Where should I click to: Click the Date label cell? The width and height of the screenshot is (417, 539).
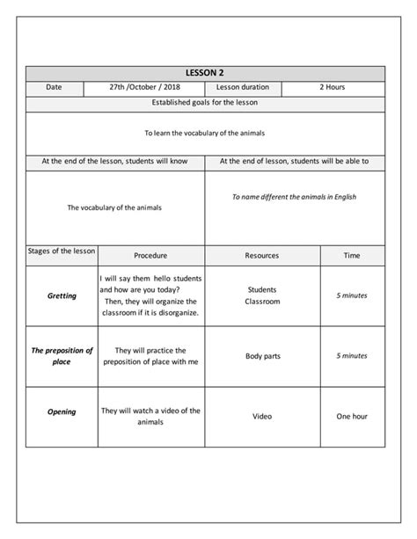(55, 88)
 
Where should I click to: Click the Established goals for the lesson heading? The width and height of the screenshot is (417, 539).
(205, 103)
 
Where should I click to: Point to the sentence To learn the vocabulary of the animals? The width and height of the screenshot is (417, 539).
(205, 133)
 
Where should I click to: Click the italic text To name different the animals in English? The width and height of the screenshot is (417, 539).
(294, 198)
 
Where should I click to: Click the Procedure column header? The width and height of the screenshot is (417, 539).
(150, 256)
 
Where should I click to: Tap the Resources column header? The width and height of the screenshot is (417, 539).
(261, 256)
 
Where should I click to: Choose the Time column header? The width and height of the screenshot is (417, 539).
(352, 256)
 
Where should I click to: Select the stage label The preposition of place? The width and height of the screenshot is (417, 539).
(62, 355)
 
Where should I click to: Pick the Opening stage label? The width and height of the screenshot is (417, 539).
(62, 412)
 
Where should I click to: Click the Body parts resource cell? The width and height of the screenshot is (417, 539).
(261, 356)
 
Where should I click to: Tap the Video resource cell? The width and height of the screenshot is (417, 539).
(261, 416)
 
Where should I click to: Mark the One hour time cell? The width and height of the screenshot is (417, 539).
(352, 416)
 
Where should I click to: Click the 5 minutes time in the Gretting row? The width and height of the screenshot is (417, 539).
(352, 295)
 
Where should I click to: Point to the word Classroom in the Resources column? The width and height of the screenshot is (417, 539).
(262, 302)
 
